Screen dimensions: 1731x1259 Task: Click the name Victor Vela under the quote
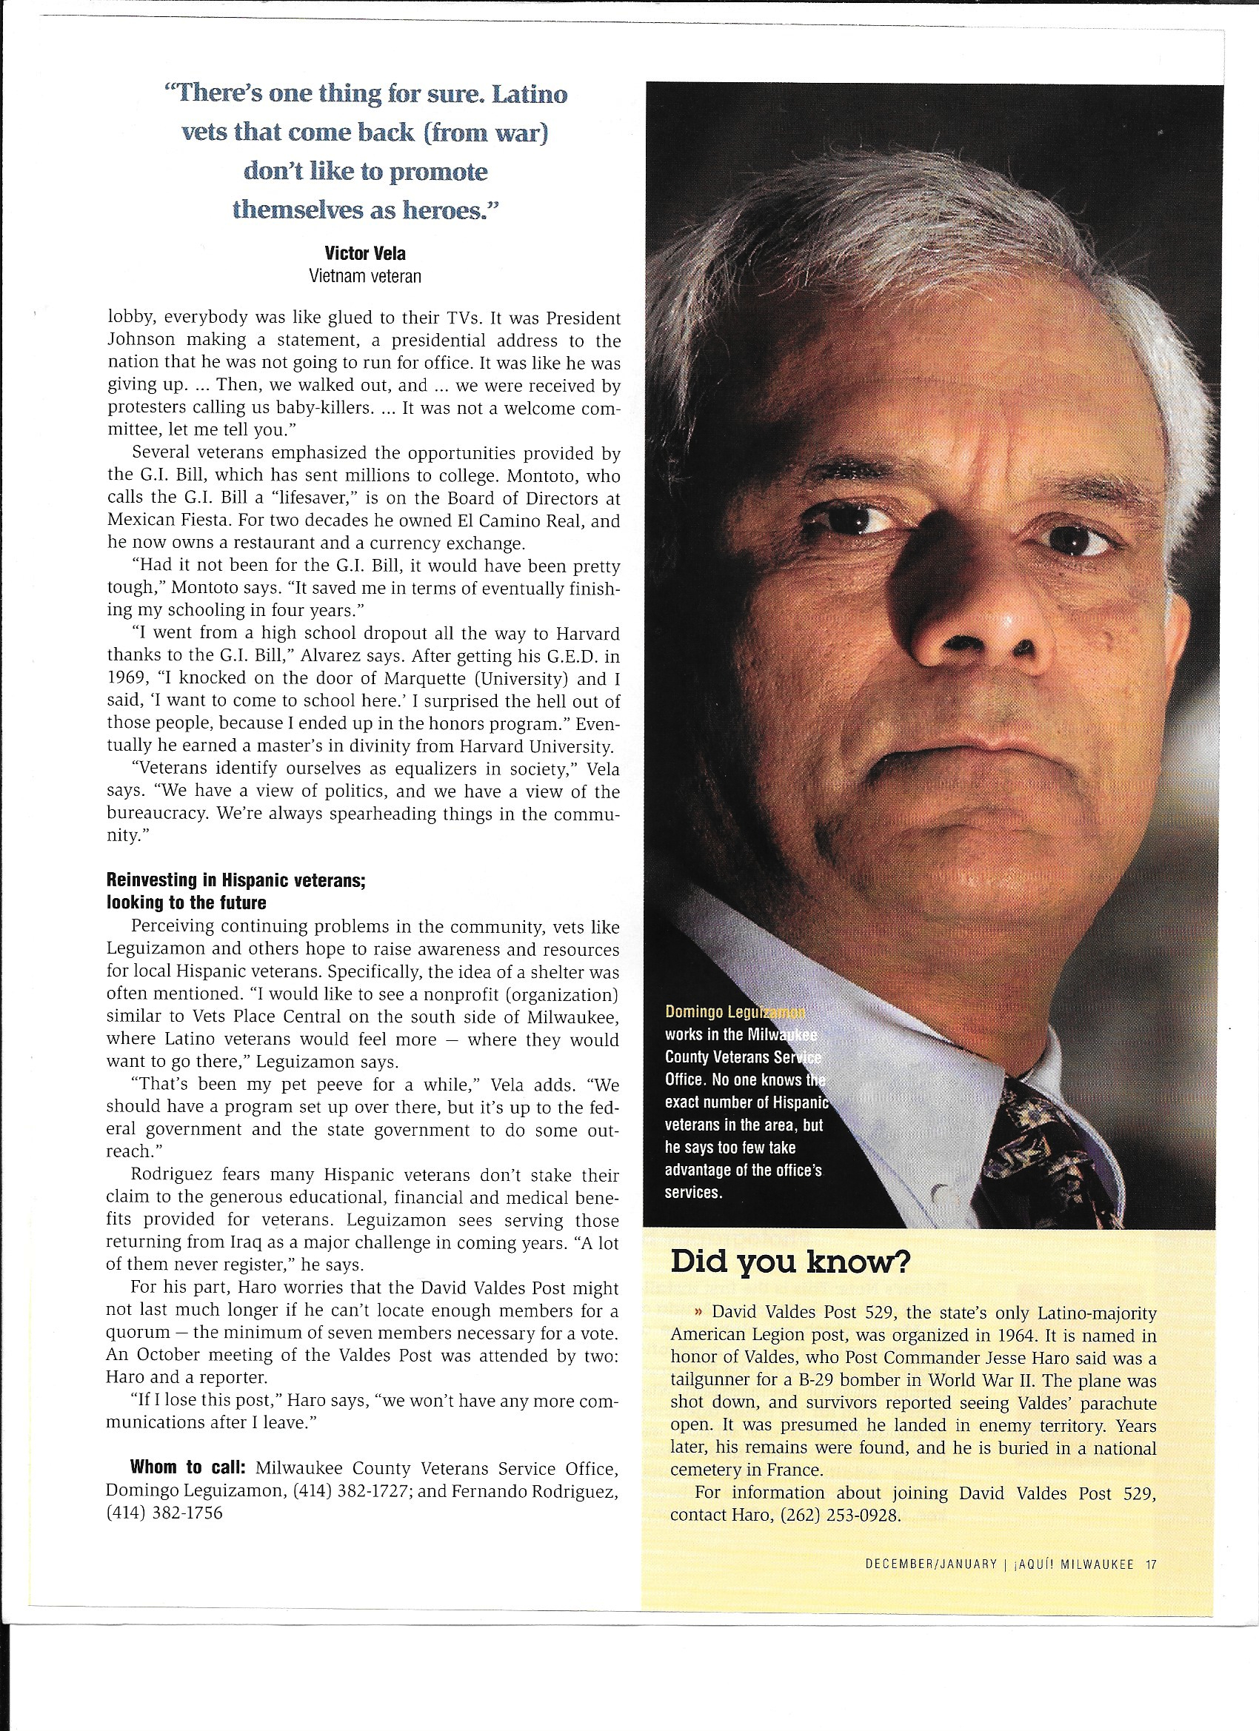click(x=365, y=253)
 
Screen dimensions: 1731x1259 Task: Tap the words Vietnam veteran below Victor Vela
click(x=365, y=276)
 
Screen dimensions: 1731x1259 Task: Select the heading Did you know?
click(x=789, y=1262)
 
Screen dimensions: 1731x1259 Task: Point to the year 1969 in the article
click(x=130, y=679)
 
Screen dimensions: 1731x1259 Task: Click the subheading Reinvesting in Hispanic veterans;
click(x=237, y=880)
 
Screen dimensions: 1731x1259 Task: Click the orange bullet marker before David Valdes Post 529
click(x=698, y=1314)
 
